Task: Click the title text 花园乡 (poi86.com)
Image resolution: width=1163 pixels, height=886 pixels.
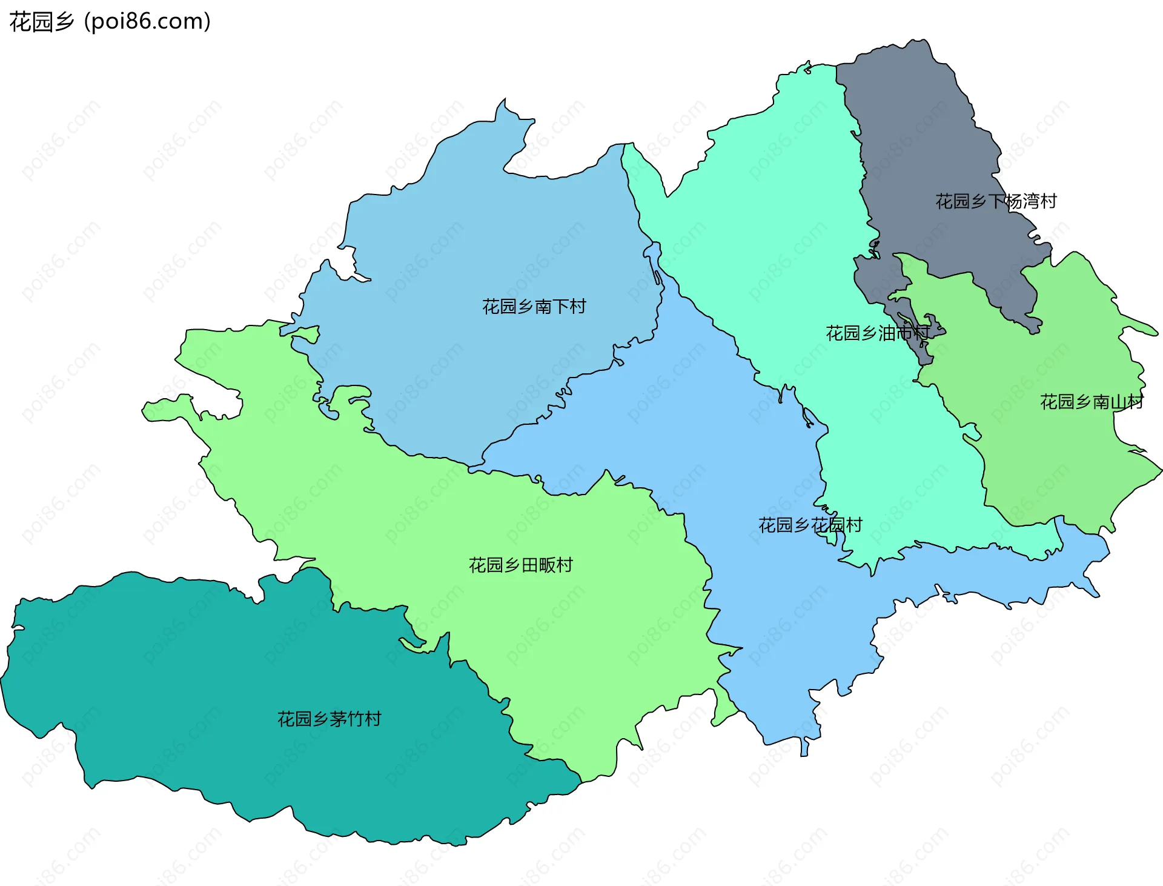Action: click(x=110, y=22)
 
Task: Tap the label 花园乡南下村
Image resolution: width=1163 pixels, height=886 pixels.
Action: click(x=534, y=307)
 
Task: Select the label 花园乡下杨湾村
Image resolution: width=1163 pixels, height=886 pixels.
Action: click(x=996, y=201)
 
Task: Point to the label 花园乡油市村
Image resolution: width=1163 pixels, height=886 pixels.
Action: click(x=877, y=333)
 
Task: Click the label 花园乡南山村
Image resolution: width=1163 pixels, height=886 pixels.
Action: click(x=1092, y=402)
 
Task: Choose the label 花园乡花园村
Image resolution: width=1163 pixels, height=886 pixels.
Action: click(x=810, y=525)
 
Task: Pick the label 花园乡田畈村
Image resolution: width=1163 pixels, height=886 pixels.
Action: click(x=520, y=565)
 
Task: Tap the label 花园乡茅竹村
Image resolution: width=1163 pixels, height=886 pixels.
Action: click(x=329, y=719)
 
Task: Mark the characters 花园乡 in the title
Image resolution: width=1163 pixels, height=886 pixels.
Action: click(x=41, y=22)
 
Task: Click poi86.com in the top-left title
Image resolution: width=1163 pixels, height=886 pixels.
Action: click(x=147, y=22)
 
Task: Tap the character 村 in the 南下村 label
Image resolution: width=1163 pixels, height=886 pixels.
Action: click(x=578, y=307)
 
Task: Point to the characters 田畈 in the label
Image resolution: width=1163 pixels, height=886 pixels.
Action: click(x=538, y=565)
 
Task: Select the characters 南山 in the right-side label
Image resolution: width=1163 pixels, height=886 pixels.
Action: click(x=1109, y=402)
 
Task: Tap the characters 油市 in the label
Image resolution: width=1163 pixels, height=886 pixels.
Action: click(x=895, y=333)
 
